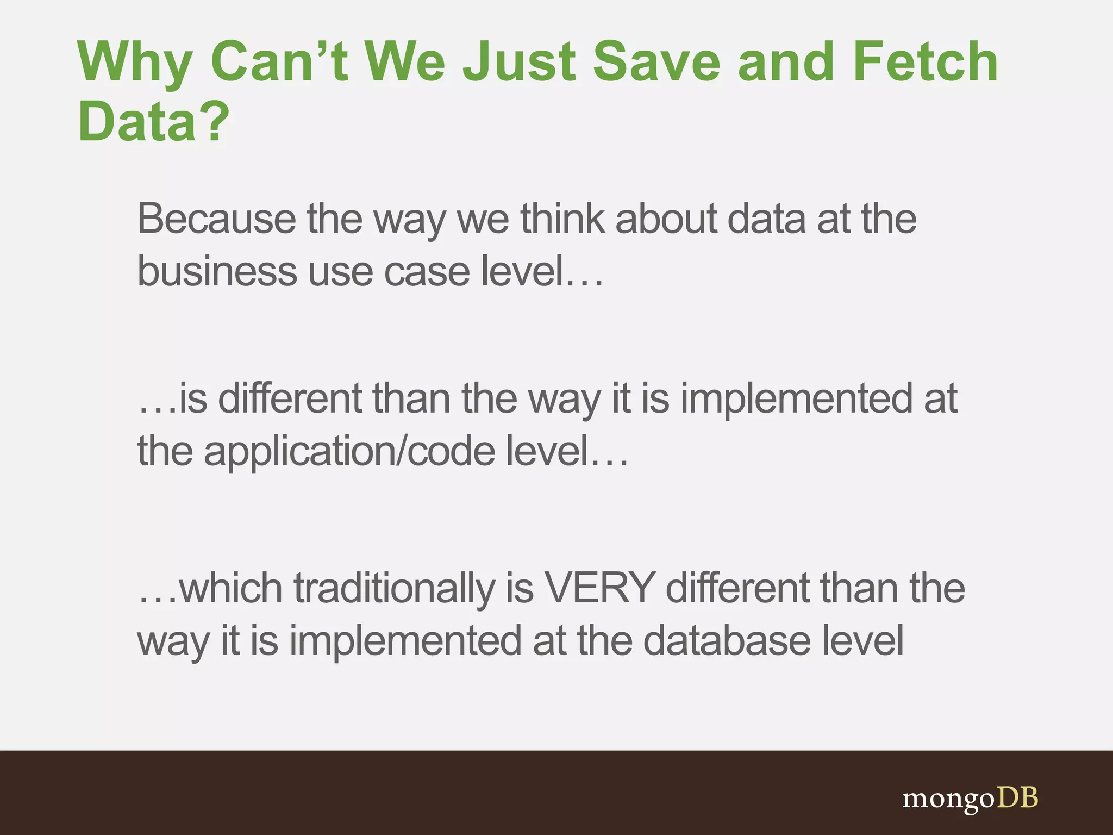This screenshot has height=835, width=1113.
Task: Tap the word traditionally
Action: tap(395, 588)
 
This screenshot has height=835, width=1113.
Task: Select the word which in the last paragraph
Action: tap(230, 588)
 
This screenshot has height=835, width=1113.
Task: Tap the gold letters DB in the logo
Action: tap(1017, 797)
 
